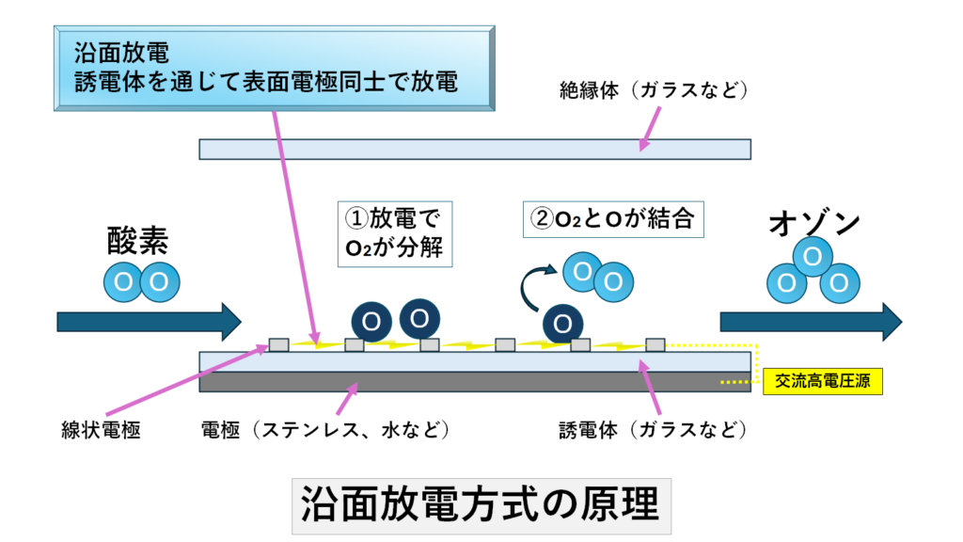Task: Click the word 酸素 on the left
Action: (138, 242)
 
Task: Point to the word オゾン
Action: (814, 224)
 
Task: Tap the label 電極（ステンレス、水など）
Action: (325, 431)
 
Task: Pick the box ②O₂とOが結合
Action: (612, 220)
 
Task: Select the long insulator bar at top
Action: (474, 149)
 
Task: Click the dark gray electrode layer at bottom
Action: (474, 381)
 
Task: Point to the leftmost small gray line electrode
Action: (279, 344)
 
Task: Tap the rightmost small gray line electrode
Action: (655, 344)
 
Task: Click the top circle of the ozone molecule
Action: (813, 256)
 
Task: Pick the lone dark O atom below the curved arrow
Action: (561, 323)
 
